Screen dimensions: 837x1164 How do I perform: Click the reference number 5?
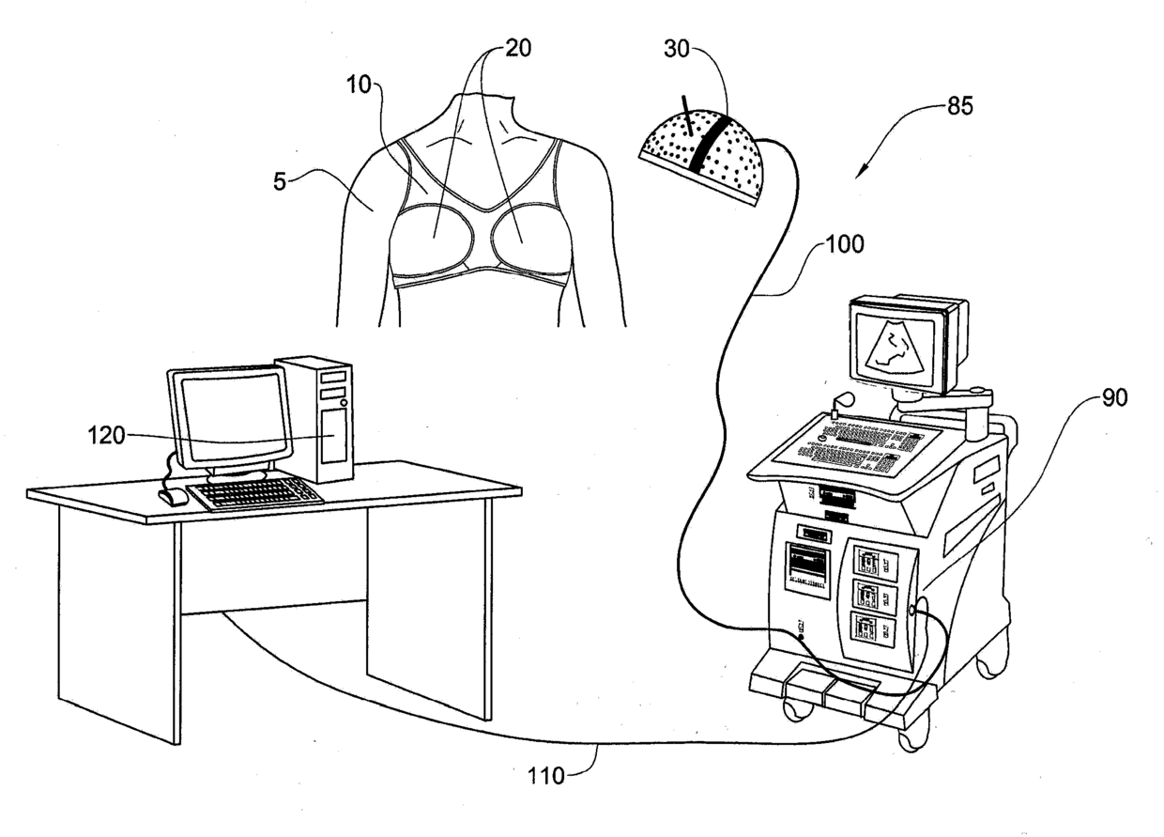pyautogui.click(x=280, y=181)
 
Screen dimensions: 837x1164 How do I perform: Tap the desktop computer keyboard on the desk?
pyautogui.click(x=255, y=491)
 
